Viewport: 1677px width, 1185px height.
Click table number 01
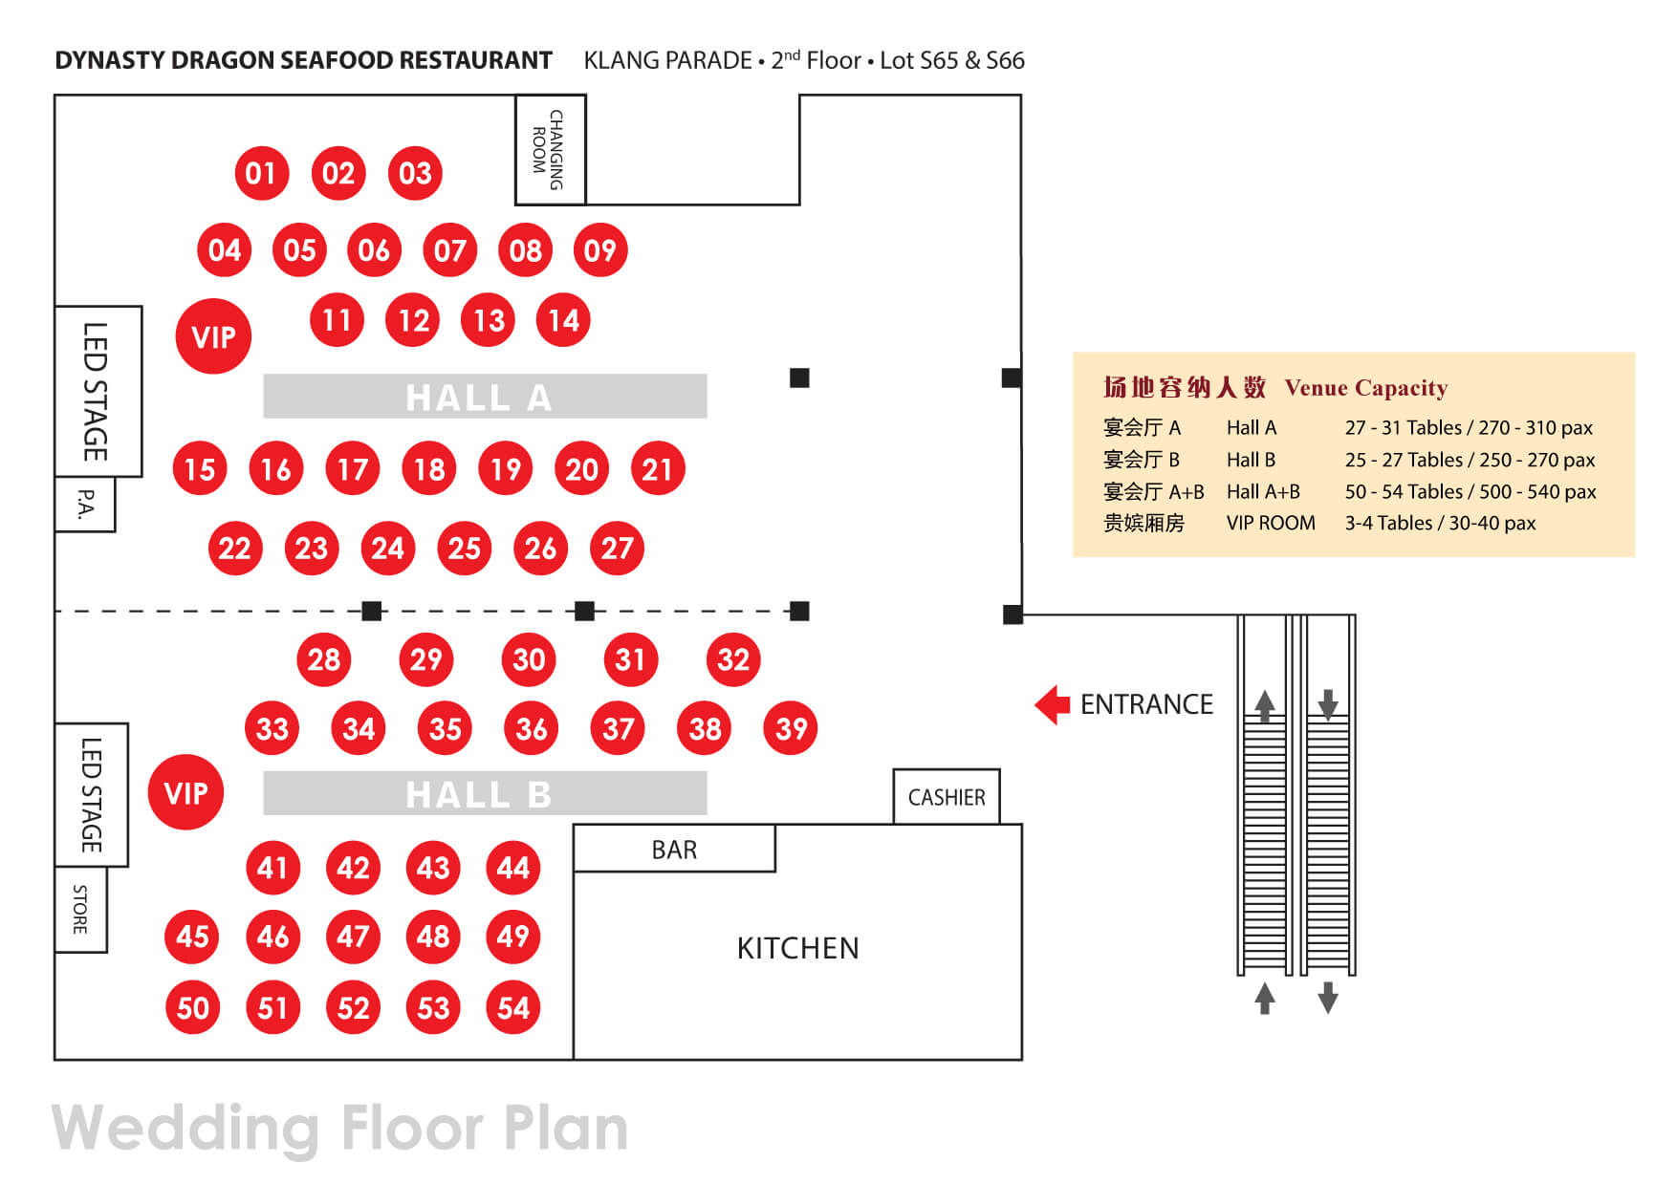[261, 173]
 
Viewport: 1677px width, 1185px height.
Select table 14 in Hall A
[563, 320]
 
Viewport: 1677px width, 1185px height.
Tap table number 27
[617, 548]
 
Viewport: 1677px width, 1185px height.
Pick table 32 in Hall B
[733, 659]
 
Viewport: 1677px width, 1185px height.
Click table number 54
[513, 1007]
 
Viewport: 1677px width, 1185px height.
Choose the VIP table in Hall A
[213, 336]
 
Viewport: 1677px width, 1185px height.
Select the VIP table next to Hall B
[185, 792]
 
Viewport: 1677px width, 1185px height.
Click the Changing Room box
[550, 149]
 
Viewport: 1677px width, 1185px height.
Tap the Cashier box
[946, 797]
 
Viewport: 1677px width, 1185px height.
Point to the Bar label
[674, 850]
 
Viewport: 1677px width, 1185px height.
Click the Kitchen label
[797, 948]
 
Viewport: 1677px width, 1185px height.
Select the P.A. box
[86, 504]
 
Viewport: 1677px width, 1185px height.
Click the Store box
[81, 909]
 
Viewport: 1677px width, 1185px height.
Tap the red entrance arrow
[1053, 704]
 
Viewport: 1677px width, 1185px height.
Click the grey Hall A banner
[485, 397]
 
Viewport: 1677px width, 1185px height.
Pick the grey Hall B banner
[485, 794]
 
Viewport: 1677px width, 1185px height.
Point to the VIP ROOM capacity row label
[1271, 523]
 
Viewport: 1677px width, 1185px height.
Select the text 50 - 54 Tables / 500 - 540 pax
[1470, 491]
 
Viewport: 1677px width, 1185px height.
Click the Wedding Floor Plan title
[339, 1128]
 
